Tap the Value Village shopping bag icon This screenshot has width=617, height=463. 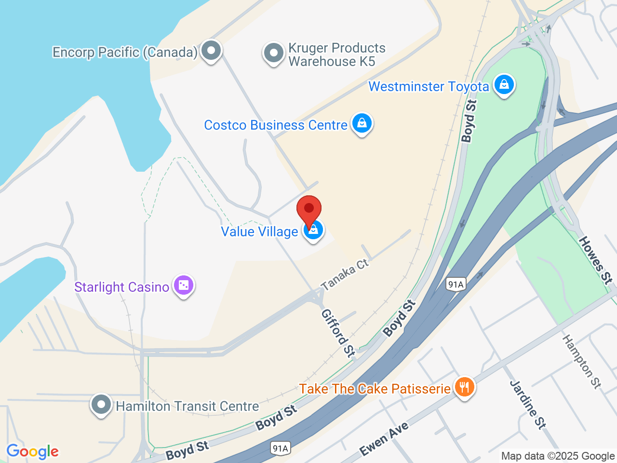(313, 230)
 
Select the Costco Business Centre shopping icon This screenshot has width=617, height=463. (362, 123)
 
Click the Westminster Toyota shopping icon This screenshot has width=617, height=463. (504, 85)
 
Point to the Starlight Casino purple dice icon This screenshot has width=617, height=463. (184, 286)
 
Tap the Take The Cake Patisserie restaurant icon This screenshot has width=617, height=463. (464, 387)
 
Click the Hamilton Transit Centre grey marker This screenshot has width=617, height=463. (101, 405)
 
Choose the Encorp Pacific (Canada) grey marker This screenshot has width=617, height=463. (211, 50)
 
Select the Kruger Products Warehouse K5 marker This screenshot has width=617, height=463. (274, 54)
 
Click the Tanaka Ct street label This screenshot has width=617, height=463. (345, 274)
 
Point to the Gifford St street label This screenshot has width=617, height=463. (338, 333)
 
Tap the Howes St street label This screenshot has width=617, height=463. (596, 259)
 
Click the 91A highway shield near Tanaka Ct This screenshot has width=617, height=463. (456, 284)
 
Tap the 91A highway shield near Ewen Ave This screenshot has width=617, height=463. (280, 449)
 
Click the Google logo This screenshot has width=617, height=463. (33, 451)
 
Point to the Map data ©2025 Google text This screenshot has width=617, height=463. (558, 456)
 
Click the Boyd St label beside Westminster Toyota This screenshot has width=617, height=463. (469, 121)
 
